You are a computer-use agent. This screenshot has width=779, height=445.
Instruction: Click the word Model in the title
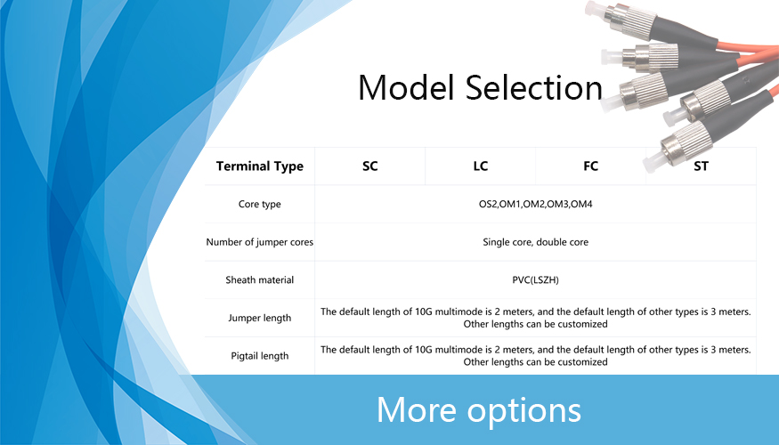(x=406, y=87)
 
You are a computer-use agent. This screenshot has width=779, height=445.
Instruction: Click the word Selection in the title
(x=534, y=87)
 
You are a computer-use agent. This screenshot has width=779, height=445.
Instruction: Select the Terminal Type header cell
(x=260, y=166)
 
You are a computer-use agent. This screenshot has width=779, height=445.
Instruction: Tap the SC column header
(x=370, y=166)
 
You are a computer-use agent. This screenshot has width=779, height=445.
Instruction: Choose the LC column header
(x=481, y=166)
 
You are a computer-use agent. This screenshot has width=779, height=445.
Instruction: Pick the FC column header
(x=591, y=166)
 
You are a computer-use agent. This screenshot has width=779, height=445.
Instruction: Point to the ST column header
(x=701, y=166)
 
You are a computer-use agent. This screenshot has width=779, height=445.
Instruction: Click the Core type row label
(x=260, y=204)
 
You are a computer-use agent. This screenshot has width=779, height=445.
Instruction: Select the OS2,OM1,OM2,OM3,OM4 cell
(x=536, y=204)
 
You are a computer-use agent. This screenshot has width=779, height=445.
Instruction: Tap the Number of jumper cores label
(x=260, y=242)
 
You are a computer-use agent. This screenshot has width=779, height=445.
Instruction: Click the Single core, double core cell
(x=536, y=242)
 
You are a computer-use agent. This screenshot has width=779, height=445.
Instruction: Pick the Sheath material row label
(x=260, y=280)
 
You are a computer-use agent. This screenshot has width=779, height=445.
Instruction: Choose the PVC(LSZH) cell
(x=536, y=280)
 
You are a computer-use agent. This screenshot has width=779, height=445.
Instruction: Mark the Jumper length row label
(x=260, y=318)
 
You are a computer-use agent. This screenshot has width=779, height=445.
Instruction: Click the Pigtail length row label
(x=260, y=356)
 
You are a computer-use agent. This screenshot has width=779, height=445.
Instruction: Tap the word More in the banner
(x=417, y=410)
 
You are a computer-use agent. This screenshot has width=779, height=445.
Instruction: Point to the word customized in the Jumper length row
(x=582, y=324)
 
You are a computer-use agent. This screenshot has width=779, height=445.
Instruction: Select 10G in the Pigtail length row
(x=423, y=350)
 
